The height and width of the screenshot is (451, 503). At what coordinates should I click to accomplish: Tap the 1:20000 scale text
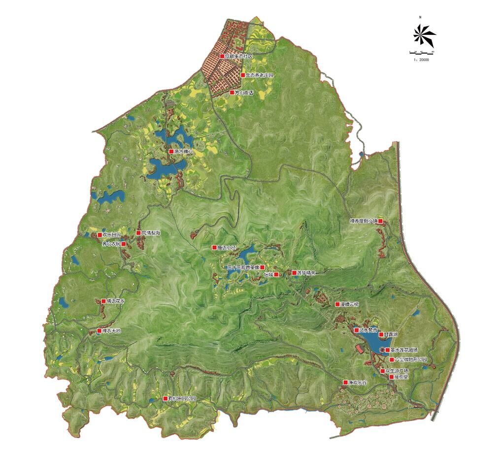click(x=421, y=60)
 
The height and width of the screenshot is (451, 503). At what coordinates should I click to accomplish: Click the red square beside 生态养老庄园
click(x=242, y=75)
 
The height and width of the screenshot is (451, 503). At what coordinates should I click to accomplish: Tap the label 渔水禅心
click(x=184, y=152)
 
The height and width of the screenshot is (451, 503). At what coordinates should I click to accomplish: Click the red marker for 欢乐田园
click(x=100, y=235)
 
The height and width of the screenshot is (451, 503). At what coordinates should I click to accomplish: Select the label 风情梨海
click(x=151, y=233)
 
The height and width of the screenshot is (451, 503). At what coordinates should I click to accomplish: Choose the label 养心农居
click(x=111, y=244)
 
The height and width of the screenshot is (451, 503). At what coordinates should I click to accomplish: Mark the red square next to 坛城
click(x=276, y=274)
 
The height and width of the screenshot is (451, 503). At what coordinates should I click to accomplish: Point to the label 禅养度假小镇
click(x=363, y=222)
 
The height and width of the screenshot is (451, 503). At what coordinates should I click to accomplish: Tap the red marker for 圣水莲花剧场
click(x=388, y=350)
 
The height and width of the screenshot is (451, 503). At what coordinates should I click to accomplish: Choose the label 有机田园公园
click(x=182, y=398)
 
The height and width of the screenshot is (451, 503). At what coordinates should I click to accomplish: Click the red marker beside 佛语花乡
click(x=103, y=301)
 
